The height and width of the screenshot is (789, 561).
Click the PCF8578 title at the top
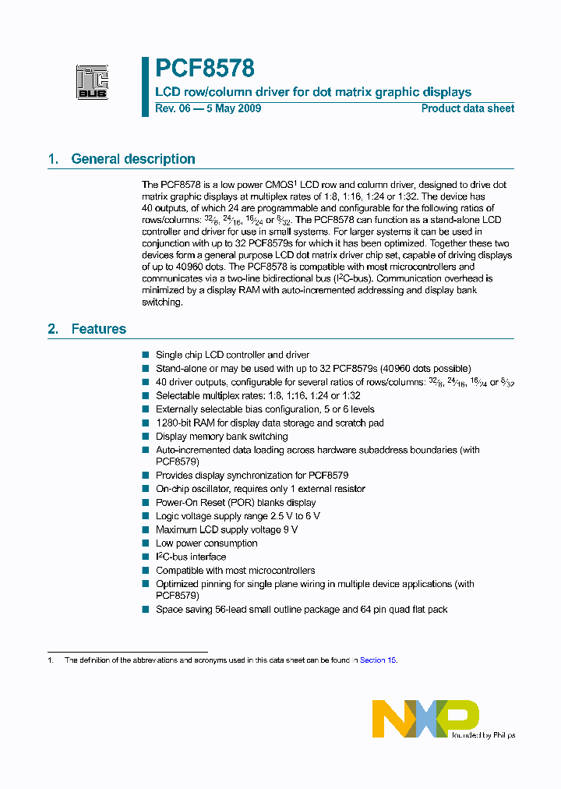(205, 69)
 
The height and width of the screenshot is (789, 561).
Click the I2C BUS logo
(92, 83)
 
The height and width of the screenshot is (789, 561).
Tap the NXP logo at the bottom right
(425, 718)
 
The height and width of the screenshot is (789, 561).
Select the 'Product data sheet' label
(467, 108)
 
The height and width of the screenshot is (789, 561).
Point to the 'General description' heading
(132, 159)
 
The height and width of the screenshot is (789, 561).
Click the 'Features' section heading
(98, 329)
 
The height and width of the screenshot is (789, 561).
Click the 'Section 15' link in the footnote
(378, 660)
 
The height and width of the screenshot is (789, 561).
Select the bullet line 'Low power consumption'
(206, 543)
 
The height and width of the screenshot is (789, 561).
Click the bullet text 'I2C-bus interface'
(191, 557)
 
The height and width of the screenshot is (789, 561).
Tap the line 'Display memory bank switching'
(221, 437)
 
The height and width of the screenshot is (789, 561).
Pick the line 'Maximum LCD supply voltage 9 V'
(226, 529)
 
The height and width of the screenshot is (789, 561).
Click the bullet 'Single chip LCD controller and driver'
(232, 355)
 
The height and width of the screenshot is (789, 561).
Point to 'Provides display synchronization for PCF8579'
(252, 475)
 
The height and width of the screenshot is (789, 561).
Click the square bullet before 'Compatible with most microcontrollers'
(145, 571)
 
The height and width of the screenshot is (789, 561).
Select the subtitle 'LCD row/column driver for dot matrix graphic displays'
(313, 92)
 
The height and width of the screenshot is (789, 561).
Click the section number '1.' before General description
(53, 159)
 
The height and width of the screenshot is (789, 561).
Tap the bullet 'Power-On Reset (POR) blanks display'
(235, 503)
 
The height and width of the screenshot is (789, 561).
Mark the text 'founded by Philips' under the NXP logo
(483, 734)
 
